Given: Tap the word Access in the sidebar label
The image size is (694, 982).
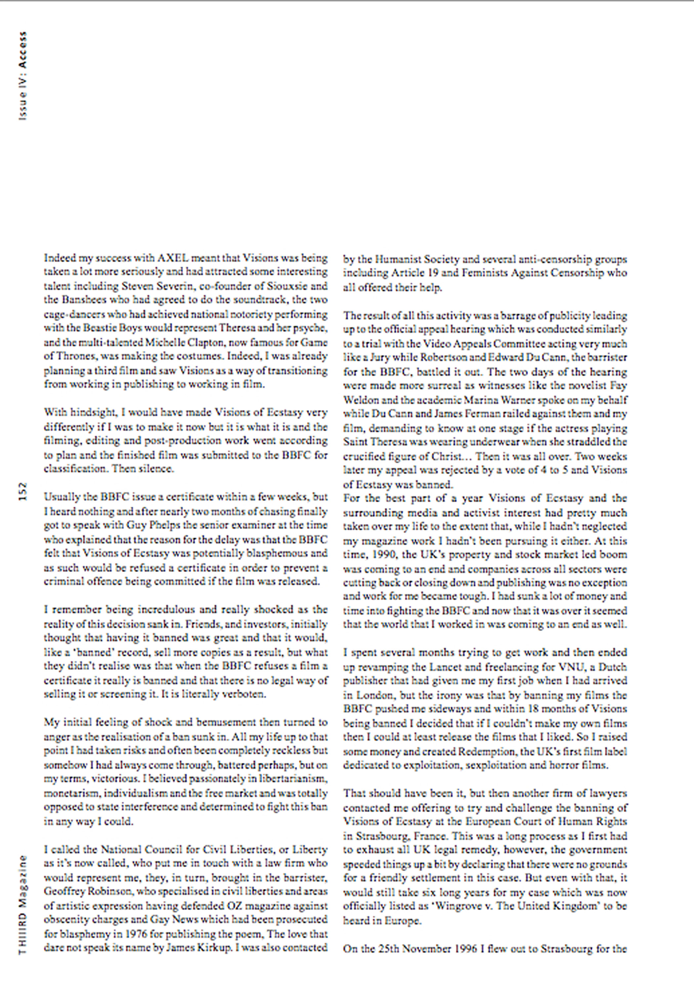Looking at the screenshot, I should (x=23, y=50).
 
